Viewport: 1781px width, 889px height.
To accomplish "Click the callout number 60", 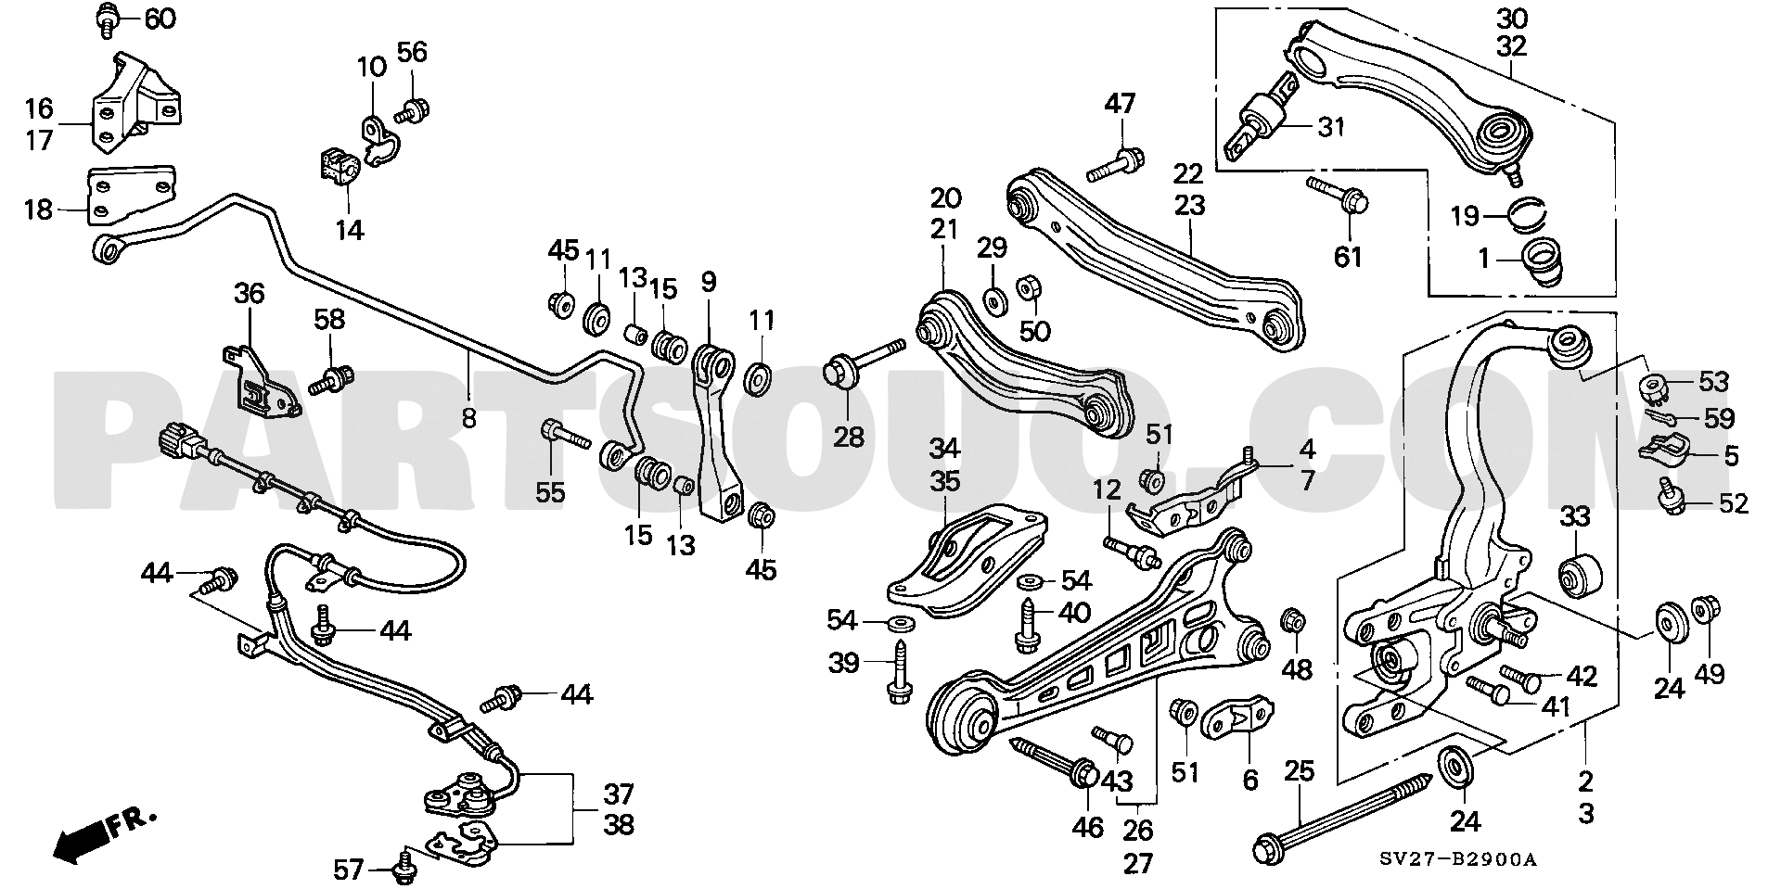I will click(x=160, y=19).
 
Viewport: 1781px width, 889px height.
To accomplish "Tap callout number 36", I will click(x=249, y=294).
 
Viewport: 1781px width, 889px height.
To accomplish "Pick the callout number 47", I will click(x=1120, y=103).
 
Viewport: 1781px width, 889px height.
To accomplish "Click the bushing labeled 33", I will click(x=1577, y=577).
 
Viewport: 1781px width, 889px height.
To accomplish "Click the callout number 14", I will click(x=349, y=229).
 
